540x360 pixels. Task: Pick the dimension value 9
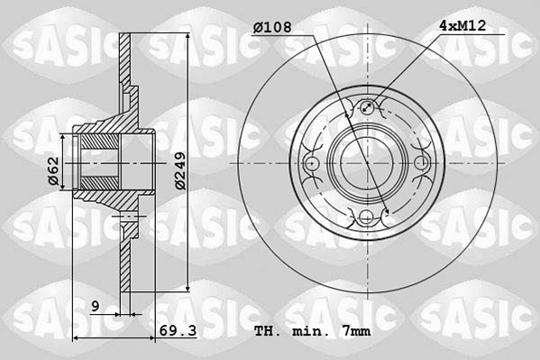[95, 306]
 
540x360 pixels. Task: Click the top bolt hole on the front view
[368, 109]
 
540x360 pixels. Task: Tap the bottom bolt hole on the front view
[368, 217]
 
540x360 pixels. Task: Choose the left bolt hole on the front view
[314, 163]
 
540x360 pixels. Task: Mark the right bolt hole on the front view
[422, 163]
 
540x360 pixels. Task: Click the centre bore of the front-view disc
[368, 163]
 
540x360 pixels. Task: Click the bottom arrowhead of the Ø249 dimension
[188, 290]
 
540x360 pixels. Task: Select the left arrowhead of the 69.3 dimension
[75, 338]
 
